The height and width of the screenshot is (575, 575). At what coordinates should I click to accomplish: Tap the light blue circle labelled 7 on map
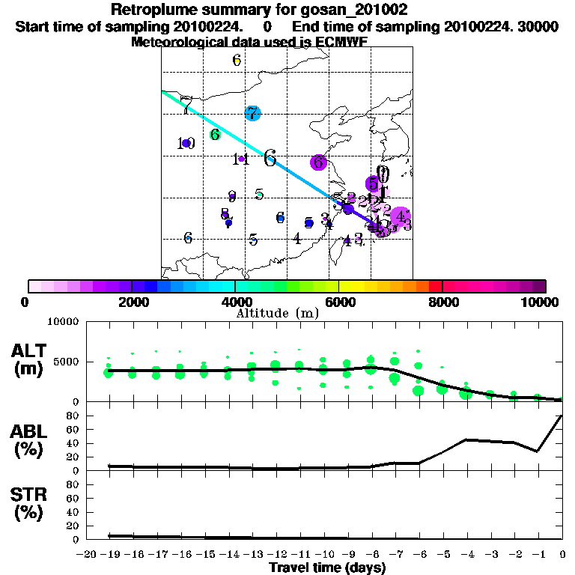pos(252,114)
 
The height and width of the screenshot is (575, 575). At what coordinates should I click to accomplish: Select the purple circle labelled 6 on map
pos(319,162)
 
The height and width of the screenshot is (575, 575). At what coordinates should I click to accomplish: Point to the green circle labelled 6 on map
pos(215,135)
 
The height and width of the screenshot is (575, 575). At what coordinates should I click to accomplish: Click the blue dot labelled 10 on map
pos(186,143)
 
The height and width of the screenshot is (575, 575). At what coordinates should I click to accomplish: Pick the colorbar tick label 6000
pos(340,302)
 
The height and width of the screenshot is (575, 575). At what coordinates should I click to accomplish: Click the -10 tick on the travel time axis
pos(324,554)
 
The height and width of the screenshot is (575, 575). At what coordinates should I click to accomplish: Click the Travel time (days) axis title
pos(327,568)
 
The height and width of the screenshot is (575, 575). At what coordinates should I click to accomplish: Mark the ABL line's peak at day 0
pos(562,416)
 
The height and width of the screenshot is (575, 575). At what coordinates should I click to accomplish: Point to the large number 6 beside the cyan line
pos(270,158)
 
